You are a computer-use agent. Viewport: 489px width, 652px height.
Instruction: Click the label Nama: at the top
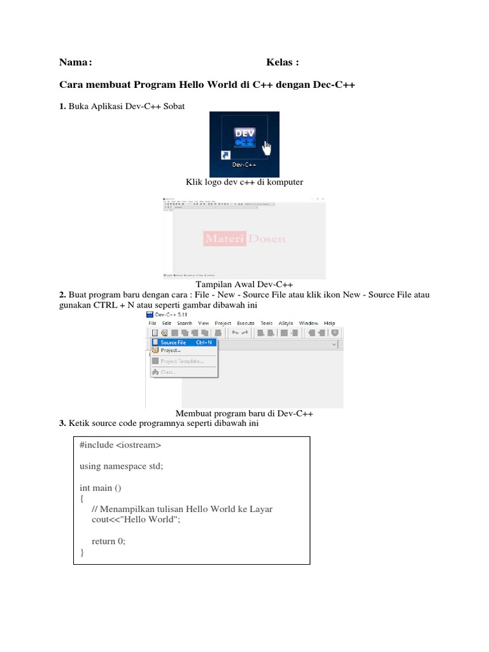pos(76,62)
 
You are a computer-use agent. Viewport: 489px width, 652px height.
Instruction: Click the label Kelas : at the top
pos(282,62)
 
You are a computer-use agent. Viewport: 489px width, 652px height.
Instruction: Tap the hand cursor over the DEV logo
pos(266,149)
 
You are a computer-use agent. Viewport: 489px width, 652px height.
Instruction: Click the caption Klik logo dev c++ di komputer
pos(244,182)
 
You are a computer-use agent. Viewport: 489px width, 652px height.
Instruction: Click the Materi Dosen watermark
pos(244,239)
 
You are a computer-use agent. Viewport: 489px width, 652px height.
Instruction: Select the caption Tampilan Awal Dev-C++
pos(244,284)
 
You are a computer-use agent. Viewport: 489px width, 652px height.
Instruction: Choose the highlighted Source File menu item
pos(173,343)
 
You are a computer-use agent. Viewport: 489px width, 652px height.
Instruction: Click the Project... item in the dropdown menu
pos(171,350)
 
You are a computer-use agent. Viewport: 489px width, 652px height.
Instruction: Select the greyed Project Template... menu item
pos(181,361)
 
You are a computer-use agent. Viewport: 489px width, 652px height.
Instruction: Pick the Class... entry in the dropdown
pos(167,372)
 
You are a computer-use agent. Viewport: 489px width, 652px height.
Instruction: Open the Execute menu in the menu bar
pos(245,323)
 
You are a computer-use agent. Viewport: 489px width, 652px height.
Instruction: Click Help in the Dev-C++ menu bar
pos(329,323)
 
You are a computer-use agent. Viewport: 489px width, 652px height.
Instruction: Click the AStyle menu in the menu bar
pos(287,323)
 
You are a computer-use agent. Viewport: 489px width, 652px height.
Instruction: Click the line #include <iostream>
pos(120,444)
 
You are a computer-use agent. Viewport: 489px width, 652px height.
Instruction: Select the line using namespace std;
pos(121,466)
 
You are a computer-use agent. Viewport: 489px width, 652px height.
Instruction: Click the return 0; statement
pos(109,541)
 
